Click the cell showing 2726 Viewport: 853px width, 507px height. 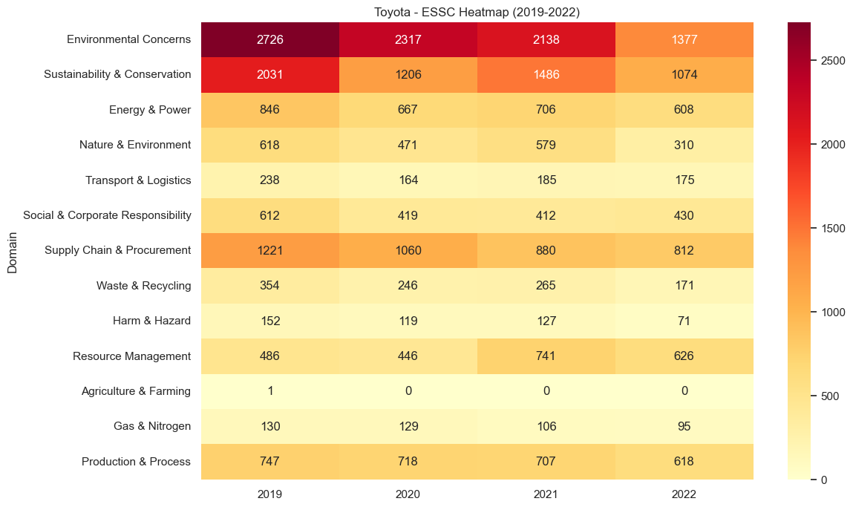[x=269, y=39]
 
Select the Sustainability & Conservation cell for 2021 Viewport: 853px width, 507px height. [x=546, y=74]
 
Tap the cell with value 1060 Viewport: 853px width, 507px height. [x=408, y=250]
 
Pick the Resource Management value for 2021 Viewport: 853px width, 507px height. [x=546, y=356]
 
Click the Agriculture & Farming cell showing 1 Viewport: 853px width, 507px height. [x=269, y=391]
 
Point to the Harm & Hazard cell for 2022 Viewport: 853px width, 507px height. [x=684, y=321]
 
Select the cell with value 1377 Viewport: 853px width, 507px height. [x=684, y=39]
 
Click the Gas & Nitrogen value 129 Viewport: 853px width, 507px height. [x=408, y=426]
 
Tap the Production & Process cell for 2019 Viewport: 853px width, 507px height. [x=269, y=462]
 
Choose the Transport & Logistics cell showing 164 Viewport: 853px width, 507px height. [x=408, y=180]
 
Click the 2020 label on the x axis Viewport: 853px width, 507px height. [x=408, y=494]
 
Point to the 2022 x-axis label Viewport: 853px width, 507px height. [x=684, y=494]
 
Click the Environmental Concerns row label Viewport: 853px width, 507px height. [x=128, y=39]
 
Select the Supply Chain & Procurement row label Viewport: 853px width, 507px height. [x=117, y=250]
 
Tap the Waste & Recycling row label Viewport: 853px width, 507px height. [x=143, y=286]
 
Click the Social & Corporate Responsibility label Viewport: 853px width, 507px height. [x=107, y=215]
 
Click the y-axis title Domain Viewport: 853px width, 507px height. [x=13, y=250]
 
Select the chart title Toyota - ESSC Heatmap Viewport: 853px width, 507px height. [x=477, y=11]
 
